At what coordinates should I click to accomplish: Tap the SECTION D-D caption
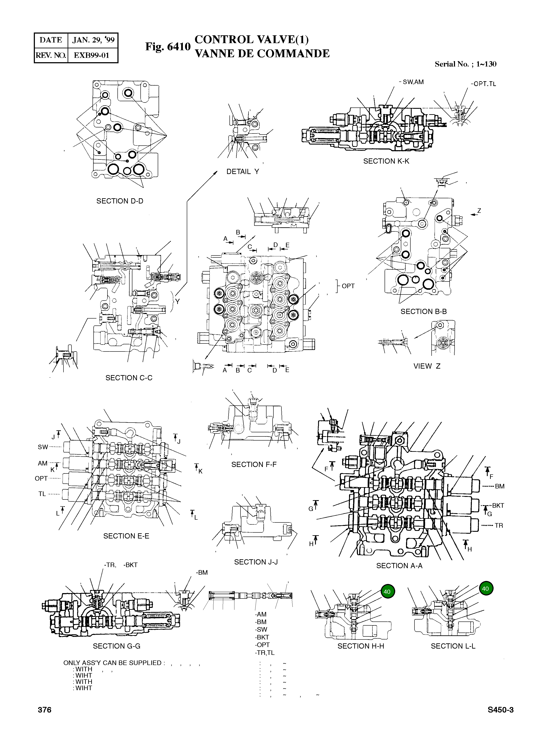tap(120, 201)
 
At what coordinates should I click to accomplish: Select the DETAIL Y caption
tap(243, 172)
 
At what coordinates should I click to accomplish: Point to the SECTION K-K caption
tap(386, 161)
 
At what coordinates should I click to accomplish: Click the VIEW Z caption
tap(427, 366)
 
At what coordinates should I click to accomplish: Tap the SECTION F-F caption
tap(254, 464)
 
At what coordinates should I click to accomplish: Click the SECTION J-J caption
tap(256, 562)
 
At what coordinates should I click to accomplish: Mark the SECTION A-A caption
tap(399, 566)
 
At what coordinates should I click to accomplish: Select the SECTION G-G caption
tap(116, 646)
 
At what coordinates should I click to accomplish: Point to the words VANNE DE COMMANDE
tap(262, 54)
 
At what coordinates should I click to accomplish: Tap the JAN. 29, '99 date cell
tap(93, 40)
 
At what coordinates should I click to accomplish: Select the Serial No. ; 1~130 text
tap(465, 64)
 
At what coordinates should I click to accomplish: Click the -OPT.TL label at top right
tap(483, 84)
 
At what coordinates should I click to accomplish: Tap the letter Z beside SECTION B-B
tap(479, 211)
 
